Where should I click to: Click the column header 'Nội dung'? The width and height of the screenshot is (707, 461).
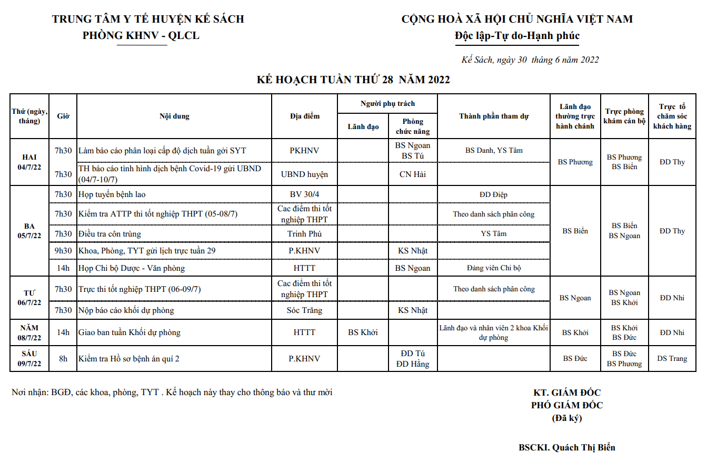click(x=174, y=116)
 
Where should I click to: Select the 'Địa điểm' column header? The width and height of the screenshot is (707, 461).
click(x=304, y=116)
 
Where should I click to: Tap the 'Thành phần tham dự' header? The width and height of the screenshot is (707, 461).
click(x=493, y=116)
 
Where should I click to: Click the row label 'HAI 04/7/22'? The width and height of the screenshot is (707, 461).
click(x=29, y=162)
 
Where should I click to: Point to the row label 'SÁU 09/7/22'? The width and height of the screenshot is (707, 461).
click(x=29, y=358)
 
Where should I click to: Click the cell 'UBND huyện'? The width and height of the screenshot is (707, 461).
click(x=304, y=174)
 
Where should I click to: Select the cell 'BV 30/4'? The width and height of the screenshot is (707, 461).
click(x=304, y=194)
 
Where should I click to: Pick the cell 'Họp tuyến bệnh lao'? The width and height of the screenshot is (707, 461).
click(x=112, y=194)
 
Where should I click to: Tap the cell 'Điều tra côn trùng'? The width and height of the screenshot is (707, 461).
click(x=109, y=233)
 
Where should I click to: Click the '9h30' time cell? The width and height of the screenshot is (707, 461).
click(x=63, y=250)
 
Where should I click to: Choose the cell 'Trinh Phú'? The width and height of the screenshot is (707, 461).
click(x=304, y=233)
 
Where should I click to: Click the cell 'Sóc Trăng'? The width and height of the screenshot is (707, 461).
click(x=304, y=310)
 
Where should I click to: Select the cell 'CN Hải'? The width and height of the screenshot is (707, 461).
click(x=413, y=174)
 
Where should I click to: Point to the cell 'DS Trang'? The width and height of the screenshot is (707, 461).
click(x=672, y=358)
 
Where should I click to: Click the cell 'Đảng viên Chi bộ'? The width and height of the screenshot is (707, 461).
click(x=493, y=268)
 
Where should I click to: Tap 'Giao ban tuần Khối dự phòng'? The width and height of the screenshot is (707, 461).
click(x=130, y=332)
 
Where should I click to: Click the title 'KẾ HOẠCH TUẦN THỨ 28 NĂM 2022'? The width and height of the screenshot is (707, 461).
click(x=353, y=80)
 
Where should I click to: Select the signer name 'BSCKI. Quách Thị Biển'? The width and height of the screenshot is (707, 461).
click(x=566, y=447)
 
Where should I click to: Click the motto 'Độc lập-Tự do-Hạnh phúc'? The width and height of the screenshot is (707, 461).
click(x=517, y=36)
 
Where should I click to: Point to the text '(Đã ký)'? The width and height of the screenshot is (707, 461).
click(x=566, y=418)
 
